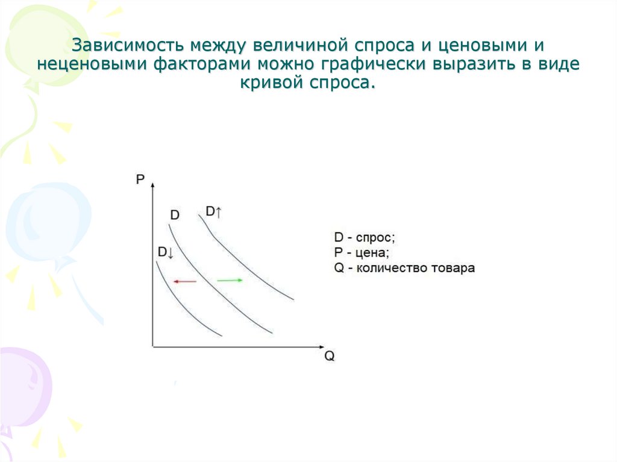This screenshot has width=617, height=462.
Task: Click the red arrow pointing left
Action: pyautogui.click(x=184, y=281)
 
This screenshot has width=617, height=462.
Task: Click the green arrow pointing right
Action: pyautogui.click(x=230, y=280)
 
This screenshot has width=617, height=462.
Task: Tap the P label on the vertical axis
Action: pyautogui.click(x=140, y=179)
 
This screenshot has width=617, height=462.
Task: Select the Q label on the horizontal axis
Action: pyautogui.click(x=329, y=355)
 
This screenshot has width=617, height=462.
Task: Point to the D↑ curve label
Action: pyautogui.click(x=214, y=211)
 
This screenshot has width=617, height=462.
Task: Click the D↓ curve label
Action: pyautogui.click(x=165, y=252)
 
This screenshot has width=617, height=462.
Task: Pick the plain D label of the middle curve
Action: pyautogui.click(x=174, y=215)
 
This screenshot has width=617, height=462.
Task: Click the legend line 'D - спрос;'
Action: pyautogui.click(x=365, y=237)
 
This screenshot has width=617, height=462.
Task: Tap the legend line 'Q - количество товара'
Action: pyautogui.click(x=404, y=268)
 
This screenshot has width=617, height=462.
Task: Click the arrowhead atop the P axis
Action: pyautogui.click(x=152, y=181)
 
